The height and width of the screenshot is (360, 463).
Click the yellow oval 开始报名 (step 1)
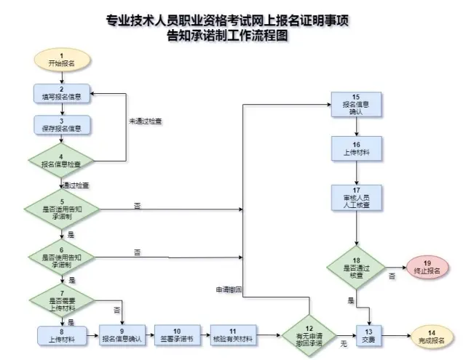(x=62, y=60)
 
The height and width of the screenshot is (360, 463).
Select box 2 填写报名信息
(x=62, y=93)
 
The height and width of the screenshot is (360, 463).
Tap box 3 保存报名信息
(x=62, y=126)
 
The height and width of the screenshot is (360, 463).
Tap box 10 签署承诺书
(x=178, y=335)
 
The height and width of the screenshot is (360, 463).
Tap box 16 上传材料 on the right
(x=356, y=149)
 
